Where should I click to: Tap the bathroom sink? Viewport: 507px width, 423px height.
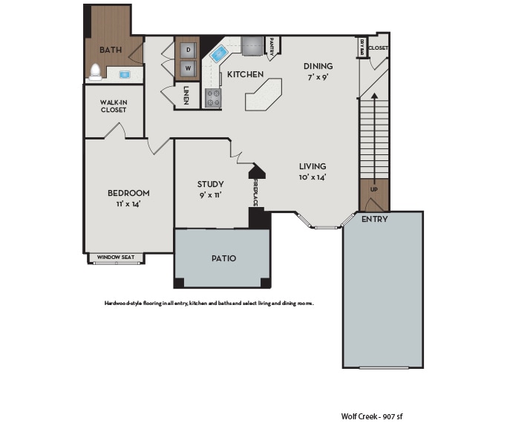[124, 75]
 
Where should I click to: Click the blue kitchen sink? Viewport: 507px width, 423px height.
[220, 54]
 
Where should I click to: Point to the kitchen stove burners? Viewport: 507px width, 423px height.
[213, 97]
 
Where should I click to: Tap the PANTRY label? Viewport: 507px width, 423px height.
[272, 47]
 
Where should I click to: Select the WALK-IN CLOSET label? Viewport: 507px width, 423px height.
[114, 106]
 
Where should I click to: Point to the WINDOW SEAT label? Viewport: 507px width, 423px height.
[116, 258]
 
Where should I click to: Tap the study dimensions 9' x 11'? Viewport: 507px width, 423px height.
[211, 195]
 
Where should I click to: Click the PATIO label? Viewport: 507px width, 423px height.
[223, 258]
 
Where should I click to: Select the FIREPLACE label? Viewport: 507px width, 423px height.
[255, 191]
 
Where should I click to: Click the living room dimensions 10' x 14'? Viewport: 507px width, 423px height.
[313, 177]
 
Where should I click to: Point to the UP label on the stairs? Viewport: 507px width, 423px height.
[373, 189]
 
